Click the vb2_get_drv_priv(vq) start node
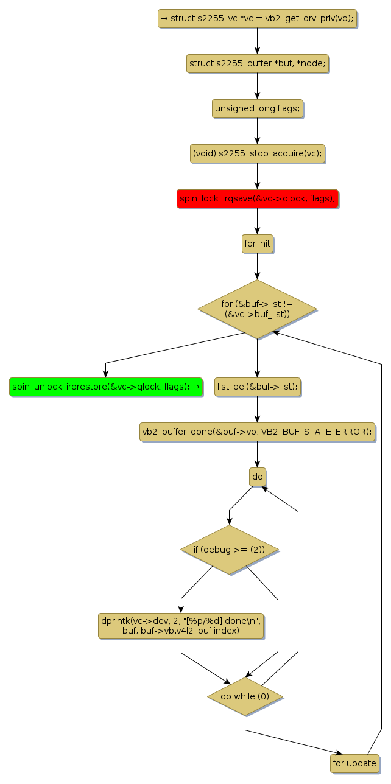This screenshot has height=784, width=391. (x=256, y=18)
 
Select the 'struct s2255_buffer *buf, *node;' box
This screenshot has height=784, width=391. (x=257, y=63)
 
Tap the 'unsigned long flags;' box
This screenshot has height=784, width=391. (x=257, y=108)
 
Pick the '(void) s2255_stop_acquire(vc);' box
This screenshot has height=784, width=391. (x=257, y=153)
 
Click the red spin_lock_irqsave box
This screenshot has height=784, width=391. (x=257, y=198)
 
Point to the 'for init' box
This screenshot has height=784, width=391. (x=257, y=243)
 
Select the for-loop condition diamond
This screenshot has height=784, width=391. (x=257, y=309)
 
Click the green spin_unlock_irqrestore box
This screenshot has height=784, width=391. (x=106, y=387)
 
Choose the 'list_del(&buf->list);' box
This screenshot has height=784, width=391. (x=257, y=387)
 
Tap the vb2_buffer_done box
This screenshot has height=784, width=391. (x=257, y=432)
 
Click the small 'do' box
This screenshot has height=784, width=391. (x=257, y=477)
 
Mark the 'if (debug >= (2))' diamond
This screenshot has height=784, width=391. (x=229, y=550)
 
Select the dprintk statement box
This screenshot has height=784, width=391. (x=181, y=626)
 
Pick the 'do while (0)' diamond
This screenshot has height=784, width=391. (x=245, y=696)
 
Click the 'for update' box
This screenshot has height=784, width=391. (x=355, y=763)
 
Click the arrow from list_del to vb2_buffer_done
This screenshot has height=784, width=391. (x=257, y=409)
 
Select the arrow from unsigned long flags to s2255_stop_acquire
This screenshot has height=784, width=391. (x=257, y=131)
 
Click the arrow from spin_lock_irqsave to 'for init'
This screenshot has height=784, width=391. (x=257, y=221)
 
